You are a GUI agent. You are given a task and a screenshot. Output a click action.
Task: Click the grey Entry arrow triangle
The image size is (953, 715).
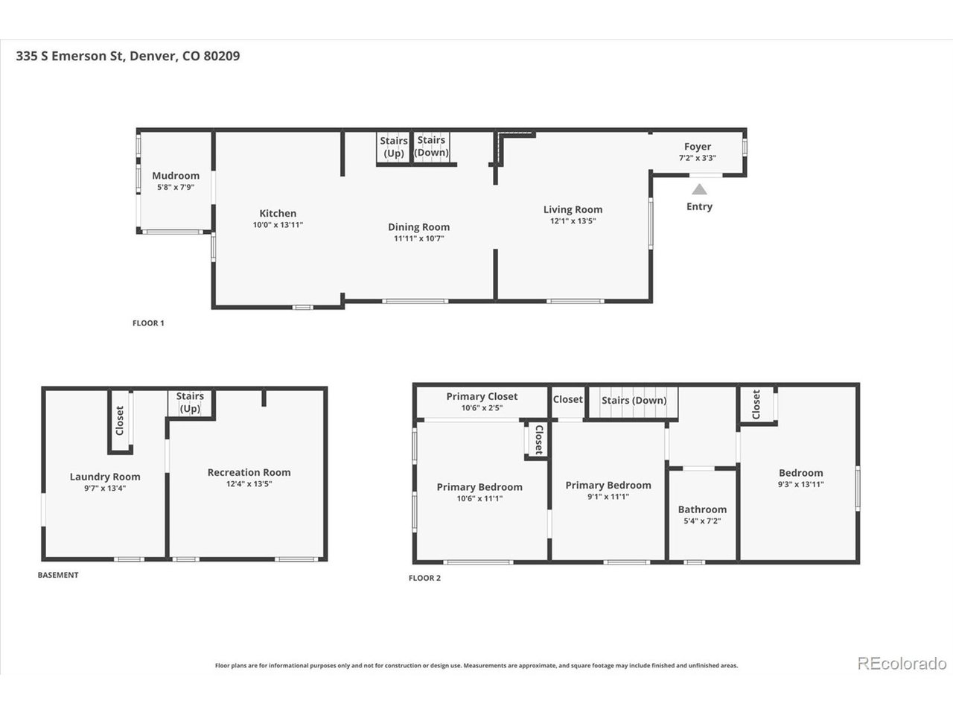(699, 189)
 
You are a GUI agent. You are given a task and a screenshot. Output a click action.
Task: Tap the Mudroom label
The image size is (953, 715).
(176, 175)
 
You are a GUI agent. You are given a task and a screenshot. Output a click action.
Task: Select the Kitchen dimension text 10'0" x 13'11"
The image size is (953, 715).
(278, 225)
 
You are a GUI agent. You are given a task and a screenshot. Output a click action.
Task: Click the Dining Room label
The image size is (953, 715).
(419, 227)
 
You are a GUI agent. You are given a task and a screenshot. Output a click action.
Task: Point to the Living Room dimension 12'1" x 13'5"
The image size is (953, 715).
(573, 221)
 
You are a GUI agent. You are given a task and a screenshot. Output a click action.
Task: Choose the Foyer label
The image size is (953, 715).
(698, 147)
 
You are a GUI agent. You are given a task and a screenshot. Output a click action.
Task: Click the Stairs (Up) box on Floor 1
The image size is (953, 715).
(393, 147)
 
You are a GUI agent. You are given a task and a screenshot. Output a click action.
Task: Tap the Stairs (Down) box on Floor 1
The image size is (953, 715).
(431, 147)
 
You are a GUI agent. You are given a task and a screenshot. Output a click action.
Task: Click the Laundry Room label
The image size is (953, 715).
(105, 477)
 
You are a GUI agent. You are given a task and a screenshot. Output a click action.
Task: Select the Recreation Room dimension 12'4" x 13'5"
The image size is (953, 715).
(249, 483)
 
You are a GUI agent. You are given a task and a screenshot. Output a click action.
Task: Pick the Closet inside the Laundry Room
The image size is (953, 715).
(121, 420)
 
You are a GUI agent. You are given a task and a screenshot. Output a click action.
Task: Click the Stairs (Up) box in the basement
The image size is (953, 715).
(190, 403)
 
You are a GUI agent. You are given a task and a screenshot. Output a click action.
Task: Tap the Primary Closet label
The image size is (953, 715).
(482, 396)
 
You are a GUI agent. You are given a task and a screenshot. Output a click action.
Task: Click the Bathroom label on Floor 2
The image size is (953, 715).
(702, 509)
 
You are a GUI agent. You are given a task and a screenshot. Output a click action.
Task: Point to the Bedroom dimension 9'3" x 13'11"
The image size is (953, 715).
(800, 484)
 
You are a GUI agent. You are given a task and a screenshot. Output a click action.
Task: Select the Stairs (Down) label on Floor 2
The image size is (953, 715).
(634, 400)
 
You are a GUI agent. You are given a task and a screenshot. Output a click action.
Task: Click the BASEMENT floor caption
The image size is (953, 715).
(58, 575)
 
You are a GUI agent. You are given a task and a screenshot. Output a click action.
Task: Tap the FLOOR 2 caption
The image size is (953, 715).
(424, 578)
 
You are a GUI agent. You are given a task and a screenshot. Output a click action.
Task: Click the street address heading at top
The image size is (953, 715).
(127, 56)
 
